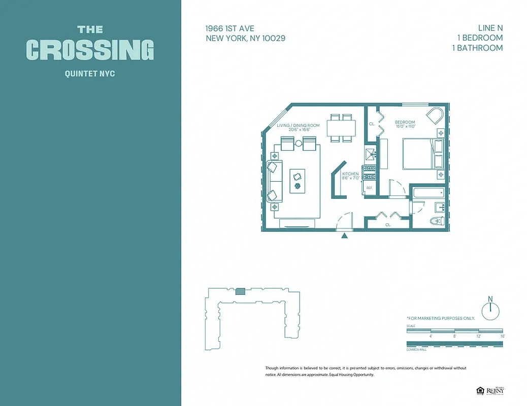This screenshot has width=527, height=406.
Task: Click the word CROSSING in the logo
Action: (x=90, y=50)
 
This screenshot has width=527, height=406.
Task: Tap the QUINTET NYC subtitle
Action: (x=90, y=74)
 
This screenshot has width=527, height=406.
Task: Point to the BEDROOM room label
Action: (x=405, y=122)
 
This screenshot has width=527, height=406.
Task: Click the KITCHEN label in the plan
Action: (x=350, y=174)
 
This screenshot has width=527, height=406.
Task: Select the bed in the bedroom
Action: (x=422, y=154)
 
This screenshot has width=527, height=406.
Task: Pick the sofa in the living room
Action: (x=274, y=181)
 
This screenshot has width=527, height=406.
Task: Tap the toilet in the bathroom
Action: (x=436, y=221)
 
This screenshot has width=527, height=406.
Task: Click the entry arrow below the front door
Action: (x=345, y=235)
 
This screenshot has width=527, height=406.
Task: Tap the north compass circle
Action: (x=490, y=311)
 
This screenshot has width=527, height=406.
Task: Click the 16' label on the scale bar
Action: (x=502, y=336)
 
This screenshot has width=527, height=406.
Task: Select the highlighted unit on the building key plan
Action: (x=240, y=291)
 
